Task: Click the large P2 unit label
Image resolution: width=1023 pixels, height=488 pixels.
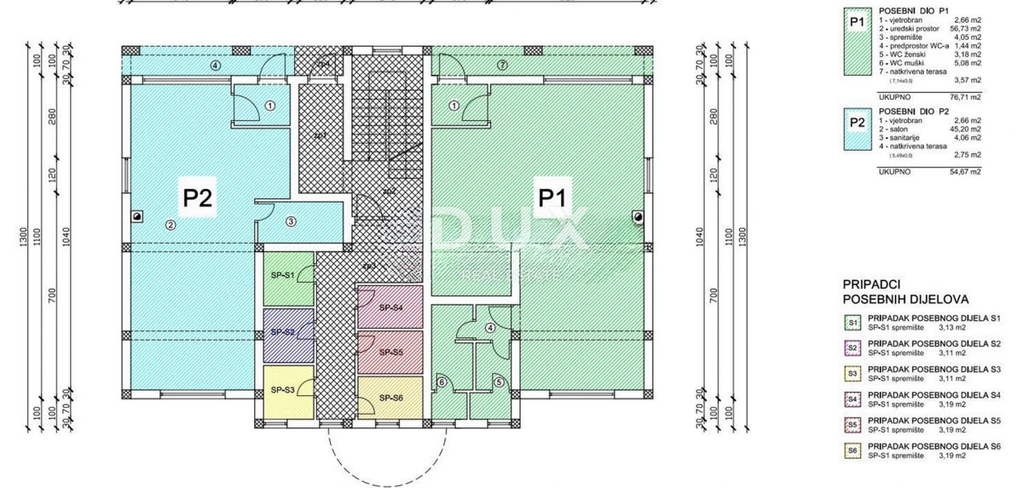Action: click(198, 198)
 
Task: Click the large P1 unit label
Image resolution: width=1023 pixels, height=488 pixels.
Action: click(558, 198)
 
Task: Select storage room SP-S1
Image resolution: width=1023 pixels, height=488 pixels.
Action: click(283, 276)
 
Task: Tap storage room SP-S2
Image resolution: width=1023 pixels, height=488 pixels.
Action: click(283, 332)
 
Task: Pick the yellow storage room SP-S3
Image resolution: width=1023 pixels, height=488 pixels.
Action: click(283, 389)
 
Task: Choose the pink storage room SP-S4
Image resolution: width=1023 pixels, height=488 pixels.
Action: click(390, 307)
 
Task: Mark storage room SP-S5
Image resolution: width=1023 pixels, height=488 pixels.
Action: click(390, 352)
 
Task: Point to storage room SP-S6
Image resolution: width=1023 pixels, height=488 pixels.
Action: click(390, 398)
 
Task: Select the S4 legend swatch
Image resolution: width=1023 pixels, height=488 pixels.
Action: click(852, 397)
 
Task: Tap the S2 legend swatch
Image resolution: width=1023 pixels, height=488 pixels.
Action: click(852, 347)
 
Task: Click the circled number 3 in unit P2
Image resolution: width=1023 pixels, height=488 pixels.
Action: click(291, 222)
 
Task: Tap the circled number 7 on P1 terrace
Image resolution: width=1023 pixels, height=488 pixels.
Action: click(503, 65)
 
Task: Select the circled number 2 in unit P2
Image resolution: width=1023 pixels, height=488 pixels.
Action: click(170, 225)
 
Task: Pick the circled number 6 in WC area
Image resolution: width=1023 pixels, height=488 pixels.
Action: click(442, 382)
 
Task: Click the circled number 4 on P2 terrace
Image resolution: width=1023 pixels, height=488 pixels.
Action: click(216, 65)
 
